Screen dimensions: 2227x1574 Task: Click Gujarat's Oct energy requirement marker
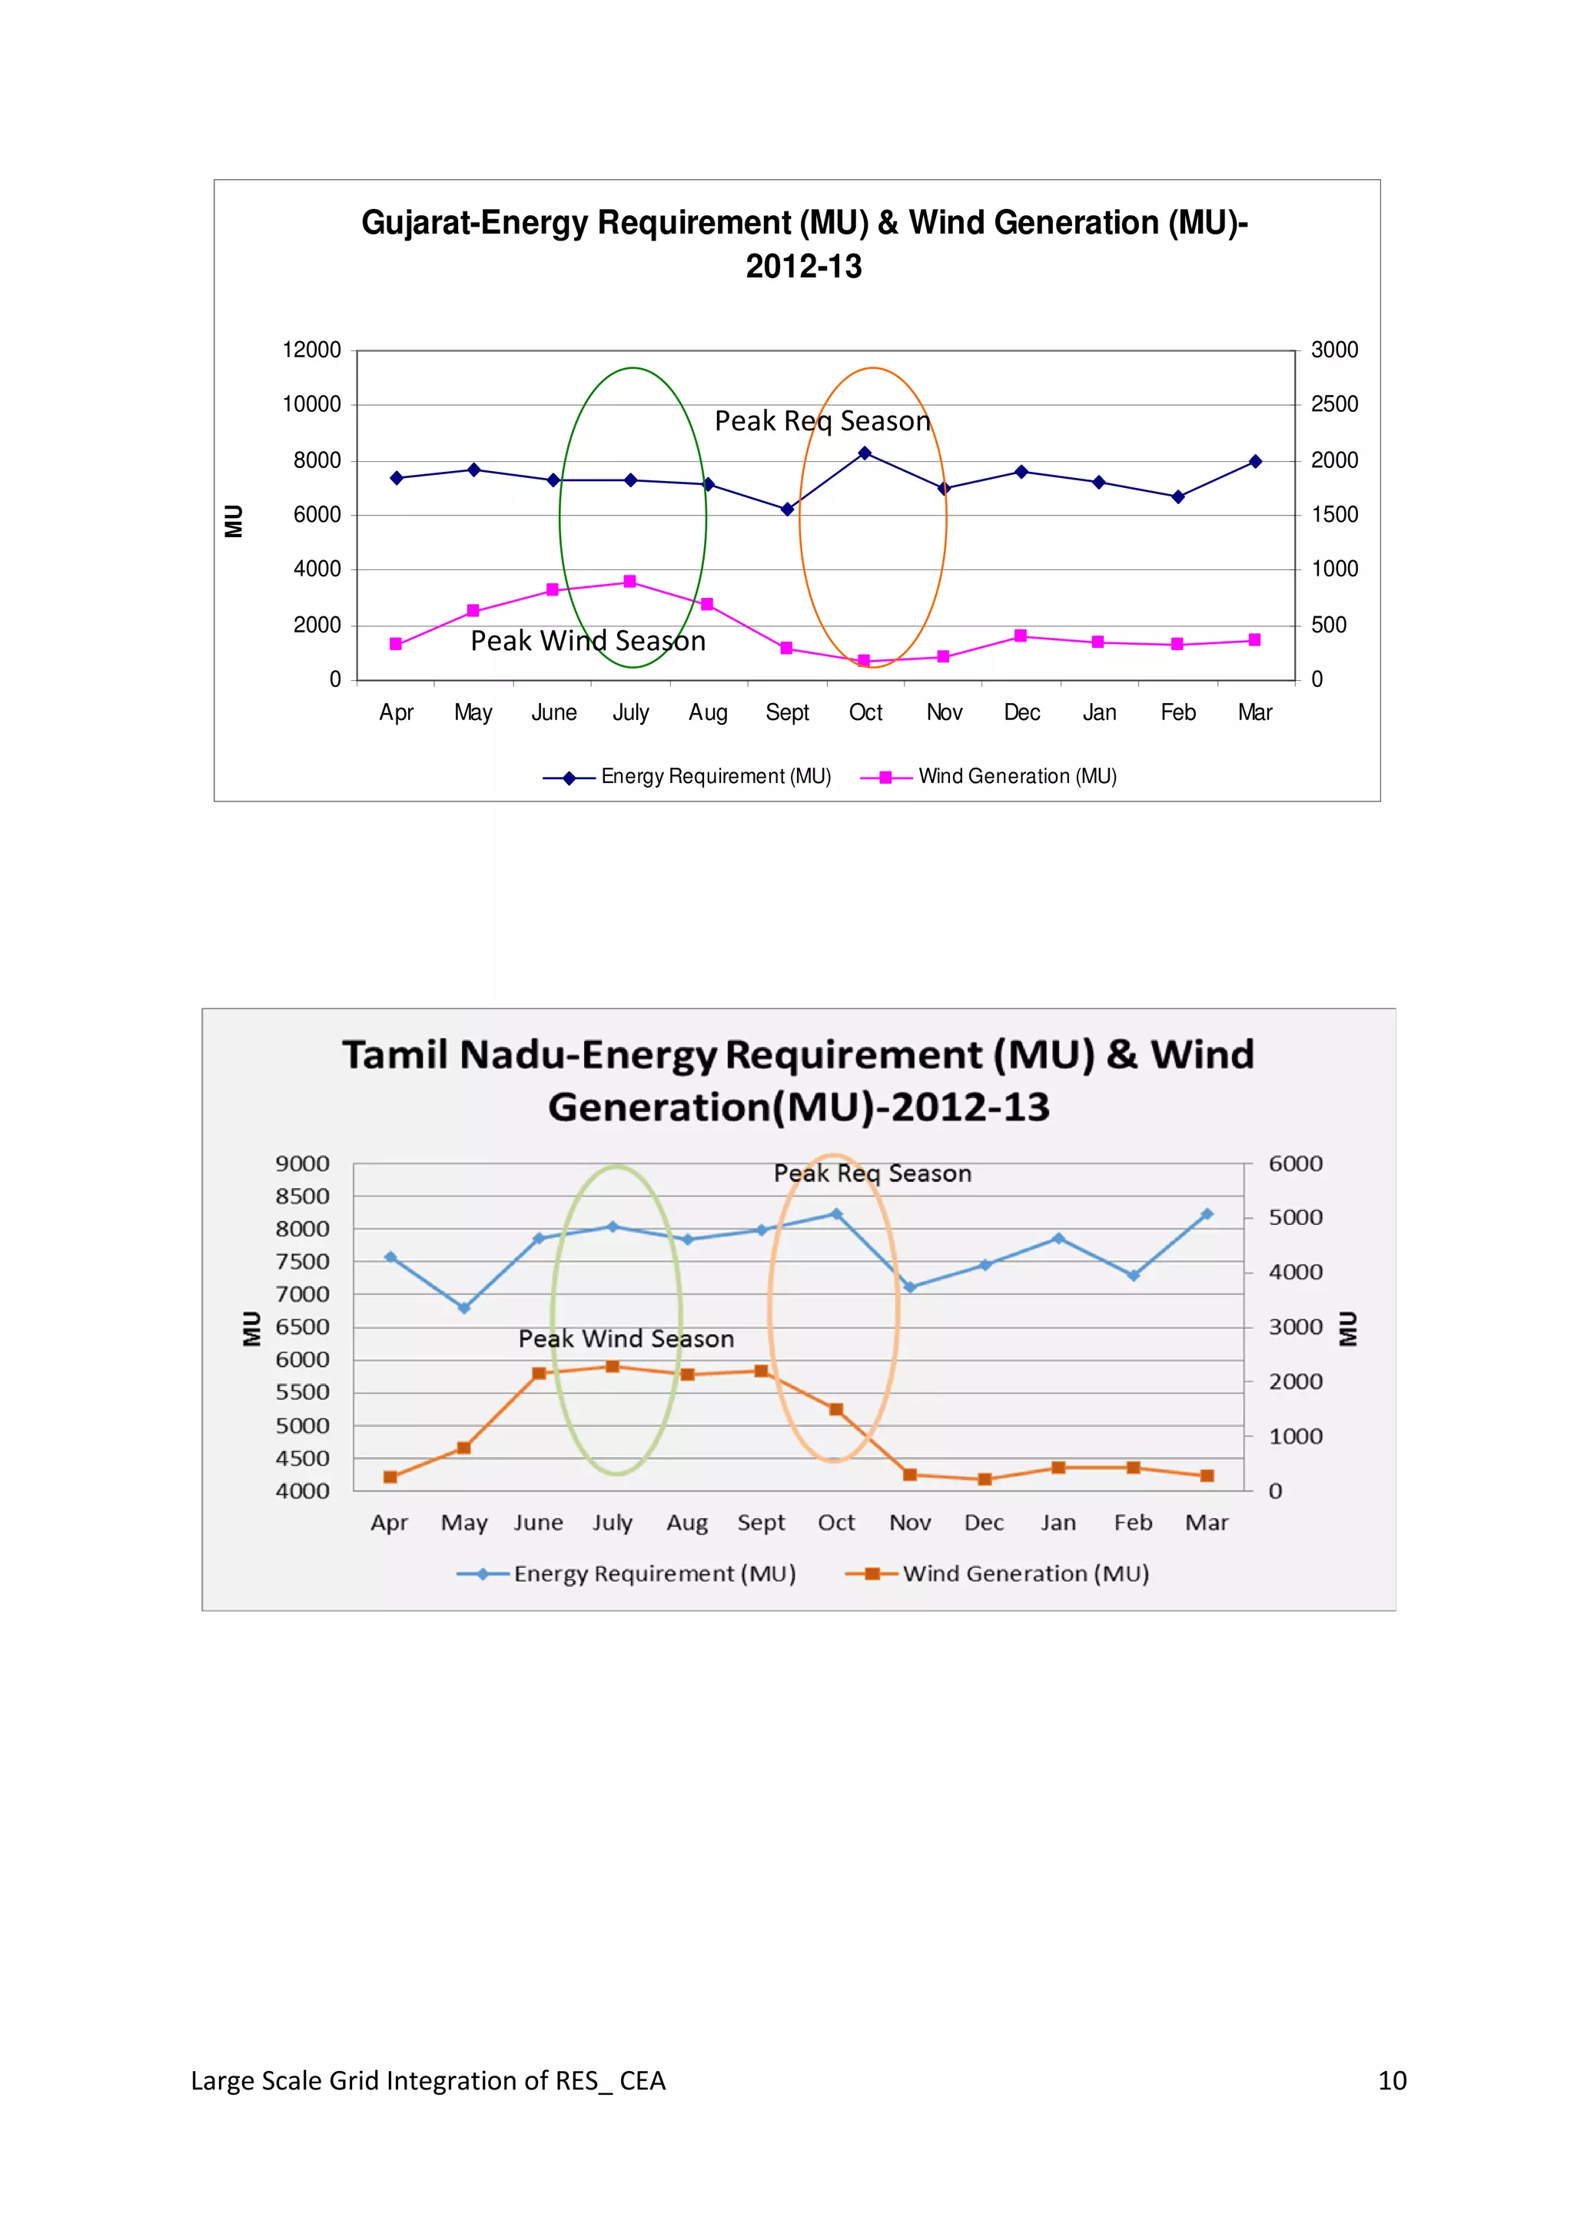pos(864,453)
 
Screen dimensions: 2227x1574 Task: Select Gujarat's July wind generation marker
pos(629,581)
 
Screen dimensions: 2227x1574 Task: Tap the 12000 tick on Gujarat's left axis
pos(311,350)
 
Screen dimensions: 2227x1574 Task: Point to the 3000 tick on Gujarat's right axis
pos(1333,350)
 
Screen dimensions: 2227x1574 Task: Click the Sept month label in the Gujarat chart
pos(786,713)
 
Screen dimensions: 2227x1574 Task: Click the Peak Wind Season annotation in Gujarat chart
pos(588,641)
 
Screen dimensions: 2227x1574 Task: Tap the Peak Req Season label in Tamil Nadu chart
pos(872,1173)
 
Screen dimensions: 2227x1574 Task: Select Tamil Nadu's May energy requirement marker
pos(463,1307)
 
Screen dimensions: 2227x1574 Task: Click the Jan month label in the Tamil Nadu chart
pos(1058,1523)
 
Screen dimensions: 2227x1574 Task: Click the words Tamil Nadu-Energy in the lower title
pos(530,1055)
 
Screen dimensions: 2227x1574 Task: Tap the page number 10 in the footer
pos(1392,2080)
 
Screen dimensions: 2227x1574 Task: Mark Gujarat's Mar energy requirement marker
pos(1255,462)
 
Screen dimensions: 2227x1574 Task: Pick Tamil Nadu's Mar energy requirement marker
pos(1207,1214)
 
